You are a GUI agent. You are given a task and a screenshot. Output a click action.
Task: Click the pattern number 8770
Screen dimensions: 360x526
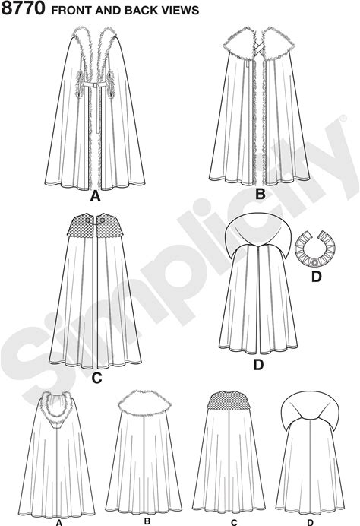(x=23, y=8)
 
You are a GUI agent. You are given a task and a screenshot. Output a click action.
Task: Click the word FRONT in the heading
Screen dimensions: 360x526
(x=71, y=11)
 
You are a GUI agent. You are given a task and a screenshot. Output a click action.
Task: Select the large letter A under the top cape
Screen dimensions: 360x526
(x=96, y=196)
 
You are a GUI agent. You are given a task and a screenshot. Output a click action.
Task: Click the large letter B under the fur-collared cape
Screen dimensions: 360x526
(x=260, y=194)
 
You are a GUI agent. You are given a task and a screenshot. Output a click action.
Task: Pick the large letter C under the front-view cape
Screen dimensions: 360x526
(x=96, y=378)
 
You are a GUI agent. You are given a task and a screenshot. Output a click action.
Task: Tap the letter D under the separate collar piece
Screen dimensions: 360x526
(x=317, y=277)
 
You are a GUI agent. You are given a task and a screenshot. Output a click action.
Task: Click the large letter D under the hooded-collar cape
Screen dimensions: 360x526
(x=258, y=365)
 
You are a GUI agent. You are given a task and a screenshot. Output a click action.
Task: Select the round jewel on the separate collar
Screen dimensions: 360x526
(x=314, y=263)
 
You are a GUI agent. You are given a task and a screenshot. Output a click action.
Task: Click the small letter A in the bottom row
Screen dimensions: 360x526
(x=59, y=523)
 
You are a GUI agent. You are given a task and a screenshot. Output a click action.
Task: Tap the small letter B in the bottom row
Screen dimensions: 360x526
(x=147, y=521)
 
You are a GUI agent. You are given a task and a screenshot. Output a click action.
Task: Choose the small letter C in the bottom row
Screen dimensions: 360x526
(x=234, y=523)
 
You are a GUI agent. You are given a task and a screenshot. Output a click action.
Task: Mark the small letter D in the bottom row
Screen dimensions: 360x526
(x=311, y=523)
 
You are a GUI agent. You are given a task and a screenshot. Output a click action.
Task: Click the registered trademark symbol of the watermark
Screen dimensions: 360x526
(x=343, y=118)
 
